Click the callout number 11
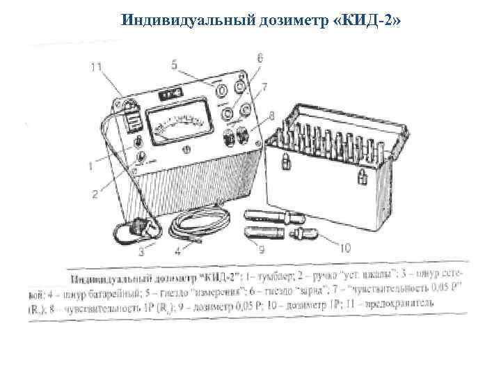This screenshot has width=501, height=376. point(97,67)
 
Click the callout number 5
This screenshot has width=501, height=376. point(175,65)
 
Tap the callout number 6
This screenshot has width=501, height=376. point(260,61)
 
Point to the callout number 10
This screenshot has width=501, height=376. point(346,246)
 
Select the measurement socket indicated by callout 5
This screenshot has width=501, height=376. point(221,91)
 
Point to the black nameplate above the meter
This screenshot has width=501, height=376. point(170,94)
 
